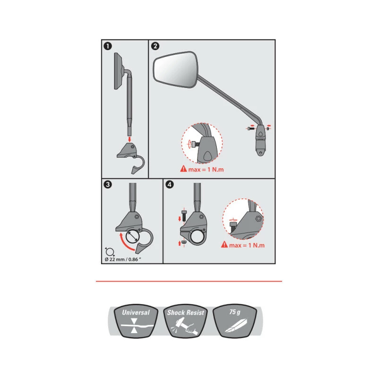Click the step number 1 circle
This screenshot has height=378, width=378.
point(108,46)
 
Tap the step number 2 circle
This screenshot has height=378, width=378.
point(155,46)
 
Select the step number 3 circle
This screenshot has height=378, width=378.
point(108,185)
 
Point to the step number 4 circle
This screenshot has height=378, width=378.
point(170,185)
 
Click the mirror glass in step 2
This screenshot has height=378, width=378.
point(176,69)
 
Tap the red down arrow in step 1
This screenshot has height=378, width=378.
point(129,139)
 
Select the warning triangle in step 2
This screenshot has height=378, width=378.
point(184,169)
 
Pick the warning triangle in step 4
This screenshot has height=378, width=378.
point(224,244)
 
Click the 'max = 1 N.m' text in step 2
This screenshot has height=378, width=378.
point(206,170)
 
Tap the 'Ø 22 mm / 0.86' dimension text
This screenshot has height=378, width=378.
point(123,259)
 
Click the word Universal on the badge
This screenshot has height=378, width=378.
point(136,313)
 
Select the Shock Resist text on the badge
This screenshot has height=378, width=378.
point(186,313)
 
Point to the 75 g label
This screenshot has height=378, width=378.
point(235,312)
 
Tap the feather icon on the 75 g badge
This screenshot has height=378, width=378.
point(236,326)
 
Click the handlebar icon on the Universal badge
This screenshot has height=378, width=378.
point(137,326)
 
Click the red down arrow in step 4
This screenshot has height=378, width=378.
point(180,219)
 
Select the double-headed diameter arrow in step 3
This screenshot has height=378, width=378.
point(132,237)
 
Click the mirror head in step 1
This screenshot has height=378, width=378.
point(119,71)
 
